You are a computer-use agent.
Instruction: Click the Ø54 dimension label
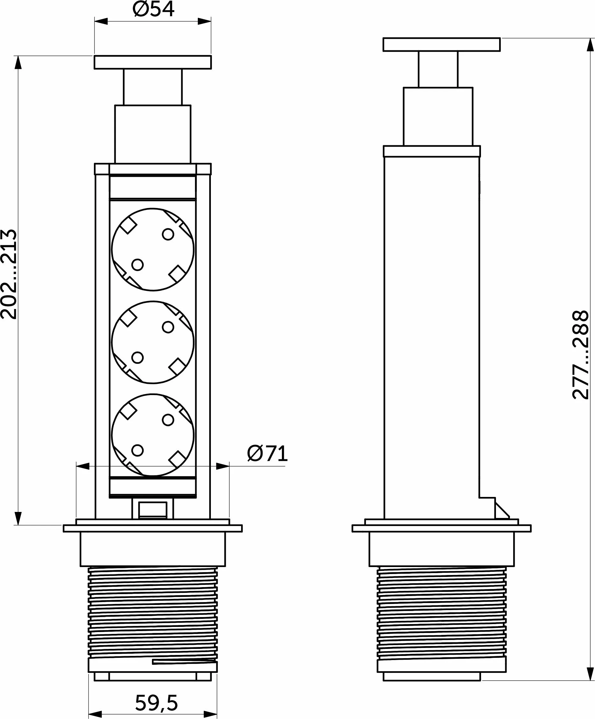pyautogui.click(x=154, y=9)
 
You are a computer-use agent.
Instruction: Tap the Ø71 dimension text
pyautogui.click(x=267, y=454)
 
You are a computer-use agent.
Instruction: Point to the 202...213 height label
pyautogui.click(x=9, y=274)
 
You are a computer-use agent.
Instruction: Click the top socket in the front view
pyautogui.click(x=153, y=249)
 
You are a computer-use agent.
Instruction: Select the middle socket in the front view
pyautogui.click(x=153, y=342)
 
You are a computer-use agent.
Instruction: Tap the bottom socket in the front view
pyautogui.click(x=153, y=435)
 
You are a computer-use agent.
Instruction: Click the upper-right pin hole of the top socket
pyautogui.click(x=168, y=234)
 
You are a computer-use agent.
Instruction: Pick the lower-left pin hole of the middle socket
pyautogui.click(x=137, y=357)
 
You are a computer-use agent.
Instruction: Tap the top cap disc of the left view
pyautogui.click(x=153, y=62)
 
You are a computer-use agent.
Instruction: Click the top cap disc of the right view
pyautogui.click(x=441, y=45)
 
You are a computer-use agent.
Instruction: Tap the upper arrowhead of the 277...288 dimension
pyautogui.click(x=590, y=45)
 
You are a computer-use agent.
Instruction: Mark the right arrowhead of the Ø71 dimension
pyautogui.click(x=223, y=466)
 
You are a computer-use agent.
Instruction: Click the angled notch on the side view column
pyautogui.click(x=501, y=512)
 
